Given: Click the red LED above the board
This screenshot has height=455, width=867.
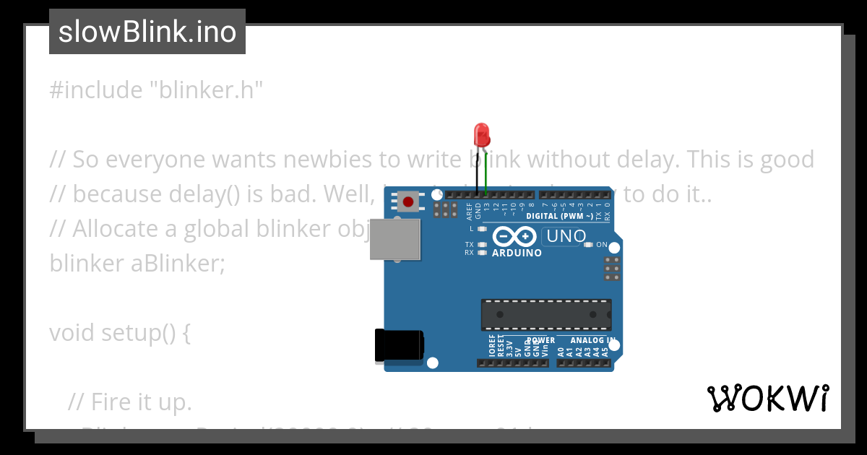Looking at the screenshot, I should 481,134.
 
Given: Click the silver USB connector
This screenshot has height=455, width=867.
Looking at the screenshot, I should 394,240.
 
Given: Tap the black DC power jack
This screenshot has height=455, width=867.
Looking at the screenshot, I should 398,345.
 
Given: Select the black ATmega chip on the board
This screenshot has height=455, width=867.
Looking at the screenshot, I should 546,315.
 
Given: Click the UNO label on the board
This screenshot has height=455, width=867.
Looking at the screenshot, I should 566,236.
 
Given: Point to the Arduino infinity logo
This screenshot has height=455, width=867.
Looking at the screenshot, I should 514,237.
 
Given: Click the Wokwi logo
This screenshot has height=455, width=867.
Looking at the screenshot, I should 767,398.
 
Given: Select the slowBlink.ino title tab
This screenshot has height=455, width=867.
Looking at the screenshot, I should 147,32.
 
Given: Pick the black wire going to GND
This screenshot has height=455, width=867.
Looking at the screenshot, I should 477,173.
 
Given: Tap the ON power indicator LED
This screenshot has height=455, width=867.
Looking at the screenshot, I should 588,245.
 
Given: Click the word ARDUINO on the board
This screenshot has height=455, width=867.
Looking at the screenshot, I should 517,253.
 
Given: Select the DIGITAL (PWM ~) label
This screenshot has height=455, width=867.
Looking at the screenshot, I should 560,216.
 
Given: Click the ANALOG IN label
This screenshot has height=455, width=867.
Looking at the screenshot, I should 592,340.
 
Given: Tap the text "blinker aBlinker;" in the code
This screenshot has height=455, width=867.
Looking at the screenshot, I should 137,264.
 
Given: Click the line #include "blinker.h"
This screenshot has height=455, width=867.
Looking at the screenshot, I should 156,90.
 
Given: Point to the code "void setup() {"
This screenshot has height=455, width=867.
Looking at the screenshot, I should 120,333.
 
